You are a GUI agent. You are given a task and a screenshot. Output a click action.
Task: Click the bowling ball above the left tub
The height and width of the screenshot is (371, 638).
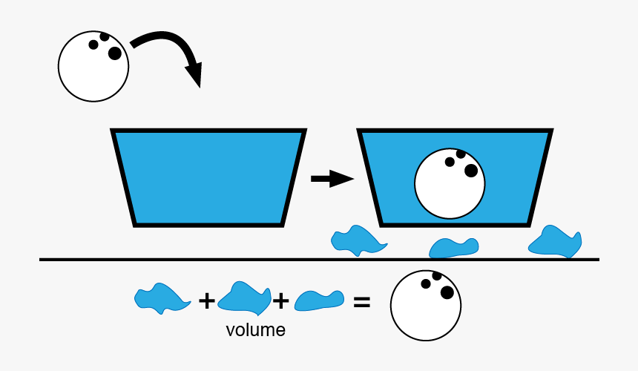tap(93, 66)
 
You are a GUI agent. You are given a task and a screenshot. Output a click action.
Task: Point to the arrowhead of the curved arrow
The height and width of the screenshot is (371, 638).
tap(194, 74)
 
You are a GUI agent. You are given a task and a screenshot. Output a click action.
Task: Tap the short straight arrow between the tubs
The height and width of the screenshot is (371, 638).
tap(331, 179)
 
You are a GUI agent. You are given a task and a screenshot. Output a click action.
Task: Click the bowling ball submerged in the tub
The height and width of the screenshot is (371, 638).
tap(450, 184)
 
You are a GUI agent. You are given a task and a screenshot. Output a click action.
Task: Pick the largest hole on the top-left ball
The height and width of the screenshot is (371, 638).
tap(114, 53)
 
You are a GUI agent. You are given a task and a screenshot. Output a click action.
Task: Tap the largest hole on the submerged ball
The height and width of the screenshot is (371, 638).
tap(470, 171)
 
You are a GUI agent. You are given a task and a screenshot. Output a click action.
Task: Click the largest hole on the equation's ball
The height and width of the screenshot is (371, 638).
tap(447, 292)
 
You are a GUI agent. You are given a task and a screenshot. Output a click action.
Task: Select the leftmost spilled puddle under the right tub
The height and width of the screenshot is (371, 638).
tap(358, 240)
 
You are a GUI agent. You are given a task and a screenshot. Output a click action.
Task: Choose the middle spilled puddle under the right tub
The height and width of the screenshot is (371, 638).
tap(453, 247)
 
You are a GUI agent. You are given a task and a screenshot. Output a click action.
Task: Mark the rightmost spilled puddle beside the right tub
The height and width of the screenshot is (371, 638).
tap(556, 242)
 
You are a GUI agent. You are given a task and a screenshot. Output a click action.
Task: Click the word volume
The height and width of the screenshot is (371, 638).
tap(255, 330)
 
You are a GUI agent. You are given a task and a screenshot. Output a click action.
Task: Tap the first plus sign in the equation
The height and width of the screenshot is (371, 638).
tap(206, 301)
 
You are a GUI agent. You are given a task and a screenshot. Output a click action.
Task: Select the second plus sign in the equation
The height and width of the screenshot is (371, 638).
tap(280, 301)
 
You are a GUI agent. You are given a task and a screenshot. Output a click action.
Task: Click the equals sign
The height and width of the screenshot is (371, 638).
tap(361, 302)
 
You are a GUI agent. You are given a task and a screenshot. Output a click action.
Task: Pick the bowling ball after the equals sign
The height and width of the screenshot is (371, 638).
tap(426, 303)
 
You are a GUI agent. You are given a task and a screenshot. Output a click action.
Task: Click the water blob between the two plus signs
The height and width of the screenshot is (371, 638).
tap(244, 298)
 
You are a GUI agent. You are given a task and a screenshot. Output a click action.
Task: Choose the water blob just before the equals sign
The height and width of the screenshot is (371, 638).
tap(319, 300)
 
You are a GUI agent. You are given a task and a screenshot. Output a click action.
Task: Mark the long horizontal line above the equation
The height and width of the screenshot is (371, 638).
tap(319, 260)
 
